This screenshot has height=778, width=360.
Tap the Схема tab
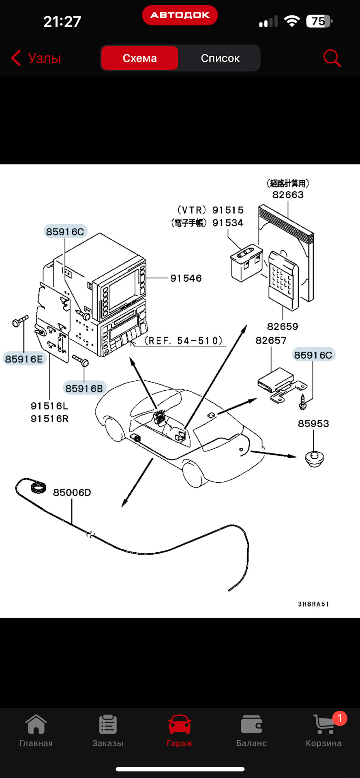[139, 58]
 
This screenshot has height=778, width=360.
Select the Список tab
[220, 58]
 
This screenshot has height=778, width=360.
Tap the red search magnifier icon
[332, 58]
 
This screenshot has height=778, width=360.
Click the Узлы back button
[36, 58]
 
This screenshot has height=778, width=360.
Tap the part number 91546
[186, 278]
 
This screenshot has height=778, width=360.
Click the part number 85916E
[24, 359]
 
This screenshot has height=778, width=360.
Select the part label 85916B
[84, 389]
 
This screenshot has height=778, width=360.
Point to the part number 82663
[288, 195]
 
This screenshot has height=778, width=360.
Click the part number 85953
[313, 424]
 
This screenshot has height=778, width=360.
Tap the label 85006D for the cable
[72, 493]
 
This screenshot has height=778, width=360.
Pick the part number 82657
[271, 341]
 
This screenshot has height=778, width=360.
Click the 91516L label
[49, 406]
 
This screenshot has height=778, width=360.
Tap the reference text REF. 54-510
[184, 341]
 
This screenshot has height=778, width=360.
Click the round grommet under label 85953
[314, 458]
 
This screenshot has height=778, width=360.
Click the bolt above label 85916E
[20, 321]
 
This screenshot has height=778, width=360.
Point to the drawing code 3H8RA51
[313, 604]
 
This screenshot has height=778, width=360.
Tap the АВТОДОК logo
[180, 15]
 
